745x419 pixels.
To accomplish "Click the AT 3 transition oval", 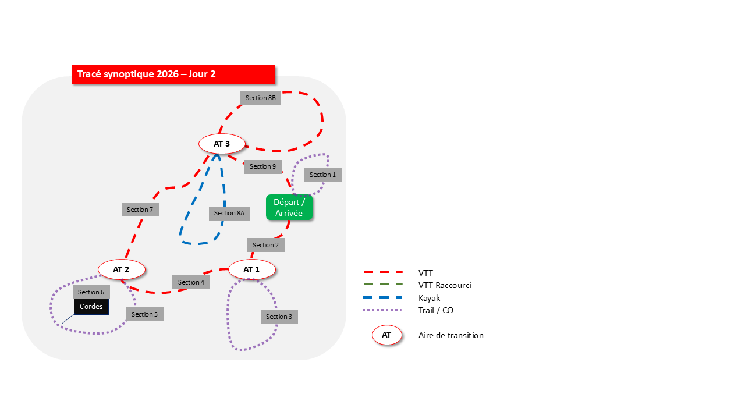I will [222, 143].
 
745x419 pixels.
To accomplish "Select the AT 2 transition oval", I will [121, 269].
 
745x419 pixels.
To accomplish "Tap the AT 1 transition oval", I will [251, 269].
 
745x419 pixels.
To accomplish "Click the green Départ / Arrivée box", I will [289, 208].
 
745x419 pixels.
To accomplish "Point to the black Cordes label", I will [91, 307].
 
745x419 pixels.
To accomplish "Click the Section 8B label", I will [260, 98].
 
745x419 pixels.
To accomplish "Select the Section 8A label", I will [229, 213].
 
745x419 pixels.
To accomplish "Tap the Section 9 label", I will [262, 166].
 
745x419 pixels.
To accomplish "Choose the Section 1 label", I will [322, 175].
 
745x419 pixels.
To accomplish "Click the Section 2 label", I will [265, 245].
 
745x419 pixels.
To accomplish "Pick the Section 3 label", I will [279, 317].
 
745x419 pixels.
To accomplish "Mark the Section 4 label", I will [191, 282].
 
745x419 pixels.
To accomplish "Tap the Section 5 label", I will [144, 314].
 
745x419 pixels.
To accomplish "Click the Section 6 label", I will [91, 292].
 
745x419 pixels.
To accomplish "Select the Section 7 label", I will [140, 210].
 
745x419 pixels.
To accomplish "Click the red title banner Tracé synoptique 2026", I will [173, 74].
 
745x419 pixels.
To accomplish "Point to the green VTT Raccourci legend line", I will [383, 285].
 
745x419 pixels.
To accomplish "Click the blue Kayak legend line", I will [383, 297].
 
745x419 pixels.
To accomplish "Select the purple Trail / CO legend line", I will [383, 310].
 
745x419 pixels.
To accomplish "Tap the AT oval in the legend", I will [386, 335].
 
